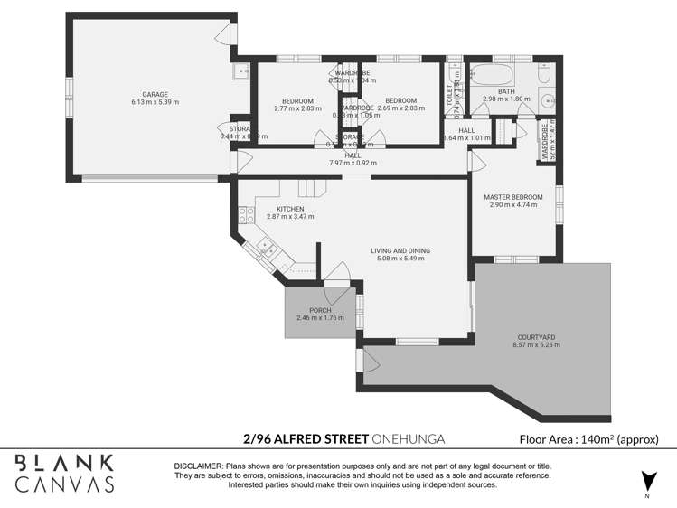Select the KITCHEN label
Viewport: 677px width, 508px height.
tap(277, 209)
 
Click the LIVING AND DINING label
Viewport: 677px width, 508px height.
tap(400, 250)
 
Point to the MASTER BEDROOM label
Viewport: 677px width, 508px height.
tap(512, 196)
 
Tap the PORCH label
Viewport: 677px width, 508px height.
tap(320, 310)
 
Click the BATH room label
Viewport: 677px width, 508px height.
tap(505, 90)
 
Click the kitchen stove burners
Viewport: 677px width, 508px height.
tap(243, 215)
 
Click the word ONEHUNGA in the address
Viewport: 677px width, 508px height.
tap(409, 439)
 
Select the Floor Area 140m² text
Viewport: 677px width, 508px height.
tap(588, 440)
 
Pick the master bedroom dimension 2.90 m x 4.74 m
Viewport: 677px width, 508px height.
tap(512, 205)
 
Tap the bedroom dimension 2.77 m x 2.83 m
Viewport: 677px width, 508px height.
tap(297, 108)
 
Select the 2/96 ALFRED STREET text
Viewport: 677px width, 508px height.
tap(306, 439)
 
